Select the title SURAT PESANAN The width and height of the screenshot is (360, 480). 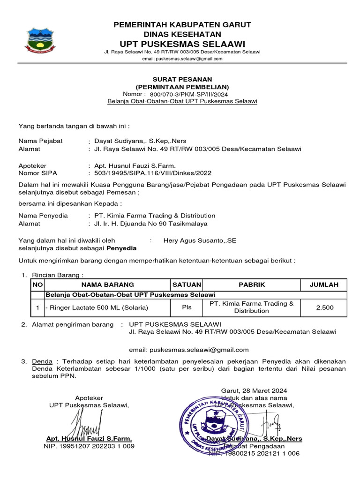(x=182, y=79)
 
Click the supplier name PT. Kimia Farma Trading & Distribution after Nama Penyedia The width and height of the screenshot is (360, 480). (x=155, y=216)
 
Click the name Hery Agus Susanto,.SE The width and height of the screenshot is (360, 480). (x=200, y=240)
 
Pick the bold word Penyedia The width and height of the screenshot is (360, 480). (x=122, y=248)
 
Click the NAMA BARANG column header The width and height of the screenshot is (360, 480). (x=107, y=285)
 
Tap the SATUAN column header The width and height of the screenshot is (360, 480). (x=187, y=285)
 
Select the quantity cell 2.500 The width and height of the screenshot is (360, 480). (x=324, y=307)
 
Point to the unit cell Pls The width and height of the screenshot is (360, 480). (x=187, y=307)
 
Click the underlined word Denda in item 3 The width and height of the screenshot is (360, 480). (x=41, y=361)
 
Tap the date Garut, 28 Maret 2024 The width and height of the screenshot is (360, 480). (x=254, y=390)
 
